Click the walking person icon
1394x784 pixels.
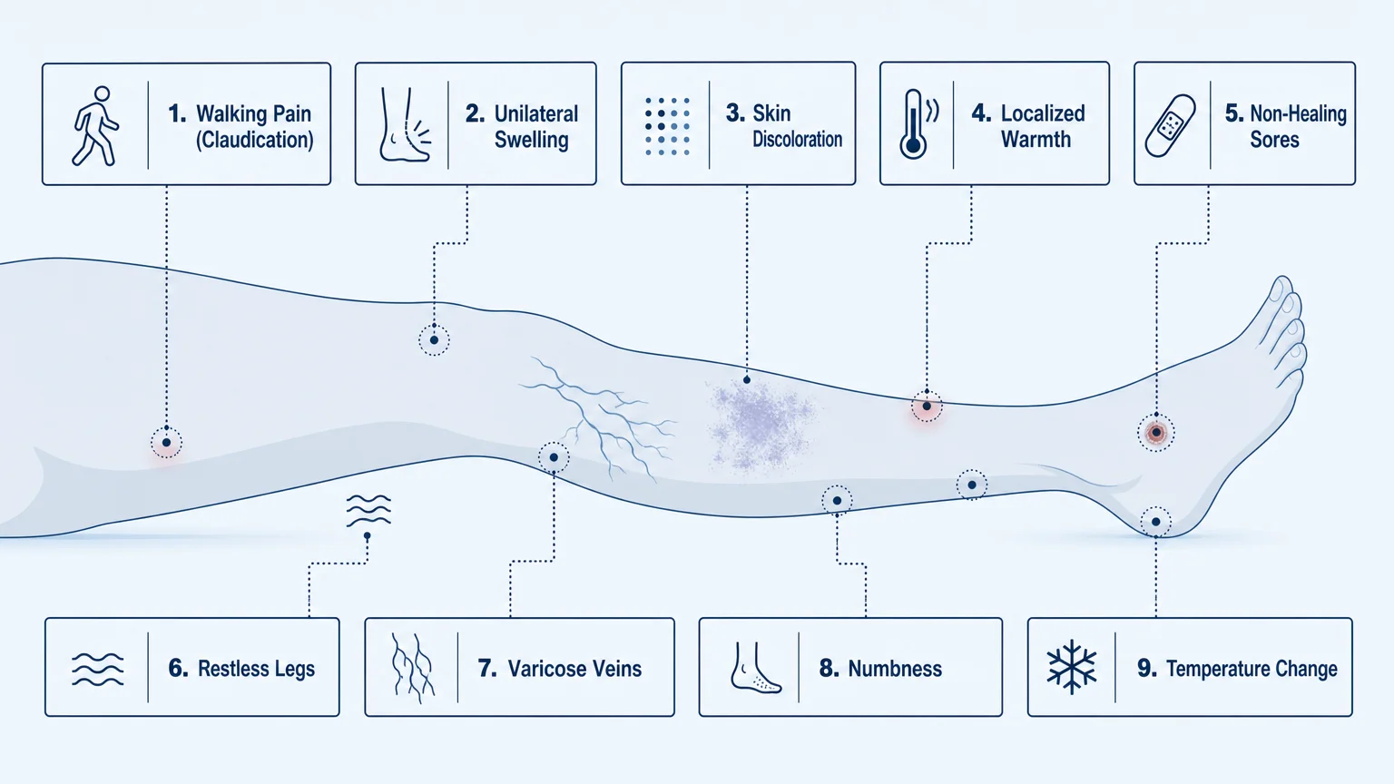click(x=94, y=126)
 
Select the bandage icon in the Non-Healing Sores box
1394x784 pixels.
click(x=1170, y=126)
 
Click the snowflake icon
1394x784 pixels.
click(x=1071, y=666)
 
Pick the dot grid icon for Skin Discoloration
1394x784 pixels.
click(x=667, y=126)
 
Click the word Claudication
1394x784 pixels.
click(x=254, y=140)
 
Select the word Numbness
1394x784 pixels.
click(x=895, y=668)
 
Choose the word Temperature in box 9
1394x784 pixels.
click(x=1217, y=669)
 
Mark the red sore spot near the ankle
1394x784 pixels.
click(x=1155, y=433)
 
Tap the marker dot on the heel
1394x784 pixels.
click(x=1155, y=522)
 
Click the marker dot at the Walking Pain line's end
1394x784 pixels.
click(x=166, y=443)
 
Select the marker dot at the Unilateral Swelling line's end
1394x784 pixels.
click(x=434, y=339)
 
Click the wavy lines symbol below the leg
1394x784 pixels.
click(x=368, y=510)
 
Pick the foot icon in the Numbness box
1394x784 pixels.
click(x=755, y=668)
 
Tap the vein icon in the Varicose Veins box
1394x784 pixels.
click(x=412, y=668)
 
